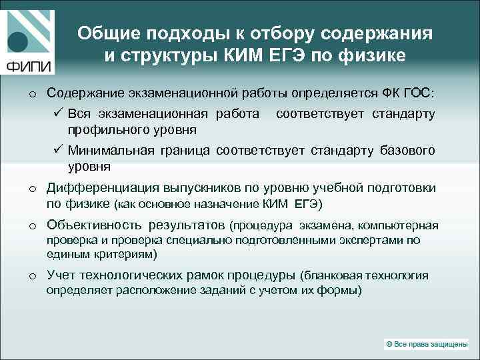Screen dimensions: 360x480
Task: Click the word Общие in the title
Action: (105, 33)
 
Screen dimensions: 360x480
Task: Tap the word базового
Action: (407, 151)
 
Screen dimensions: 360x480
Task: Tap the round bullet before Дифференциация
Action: (32, 189)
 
